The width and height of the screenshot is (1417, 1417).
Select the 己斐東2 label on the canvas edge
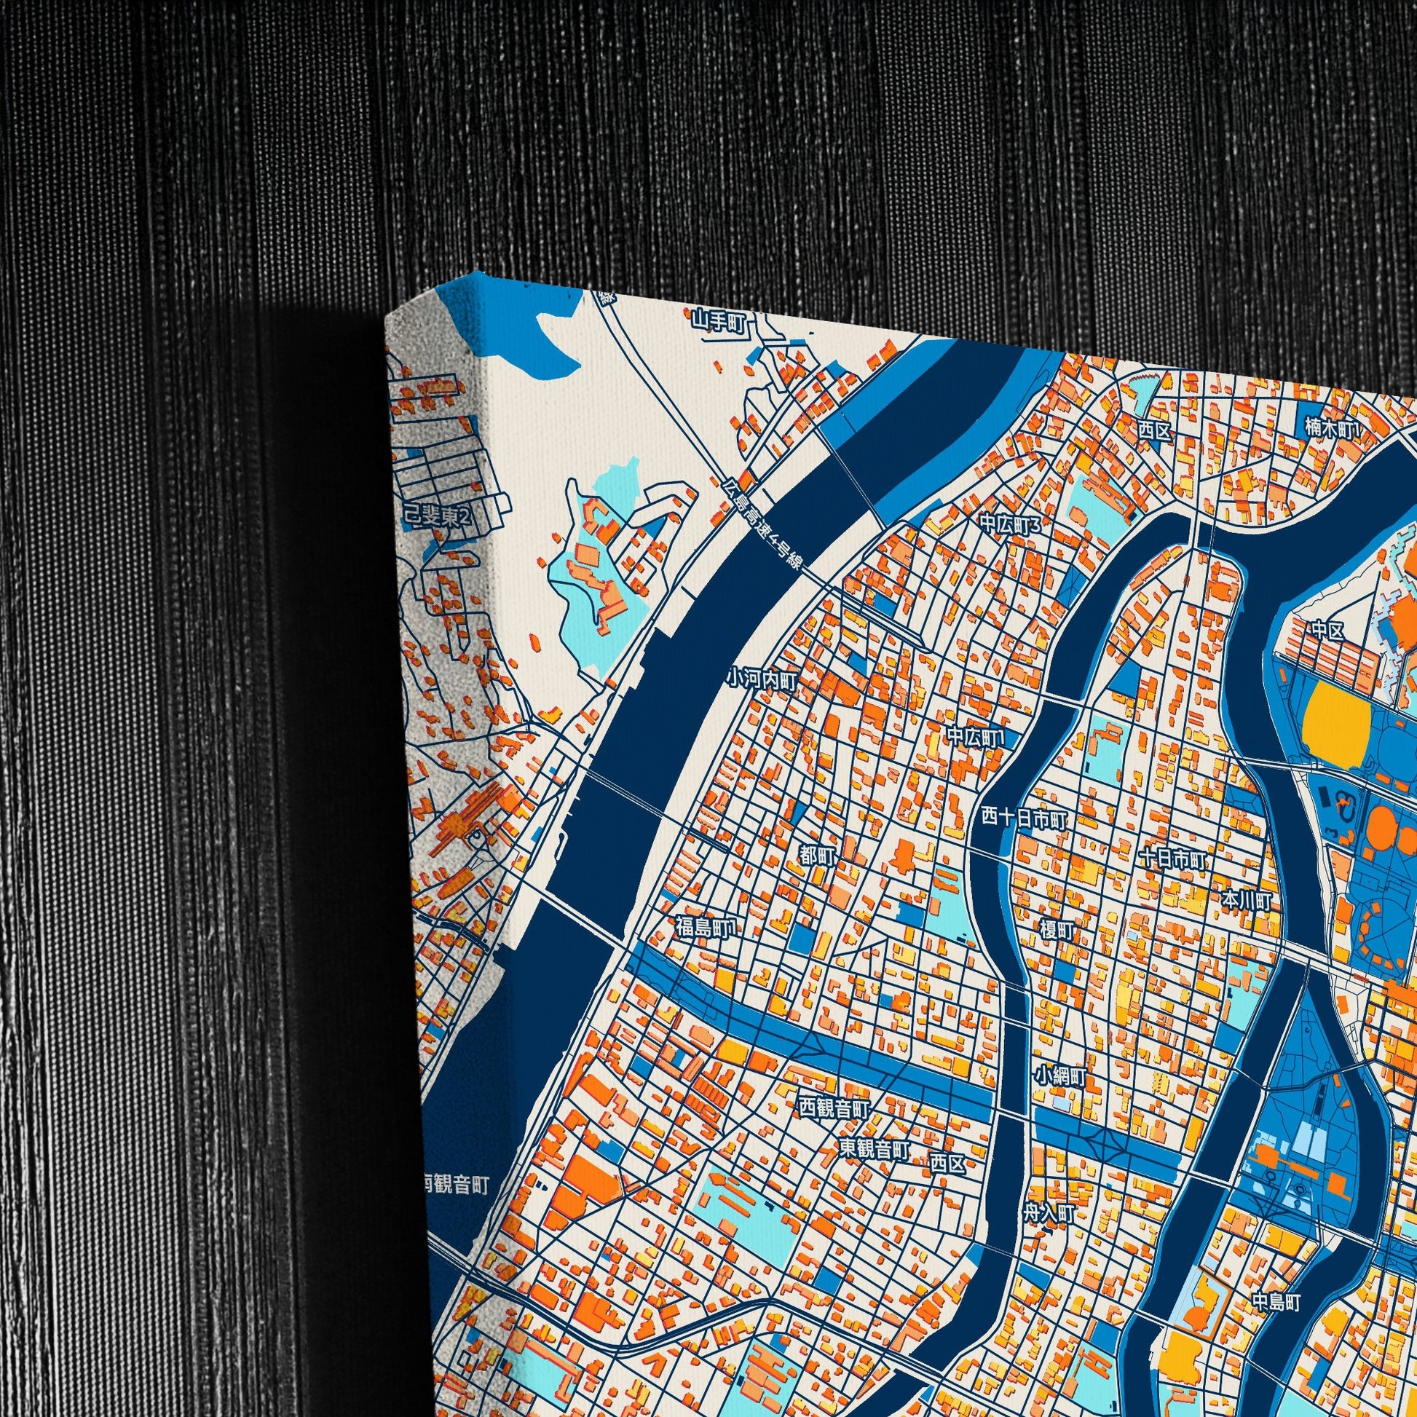tap(437, 518)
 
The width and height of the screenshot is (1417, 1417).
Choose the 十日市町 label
tap(1172, 858)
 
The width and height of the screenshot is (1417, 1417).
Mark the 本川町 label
tap(1245, 900)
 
